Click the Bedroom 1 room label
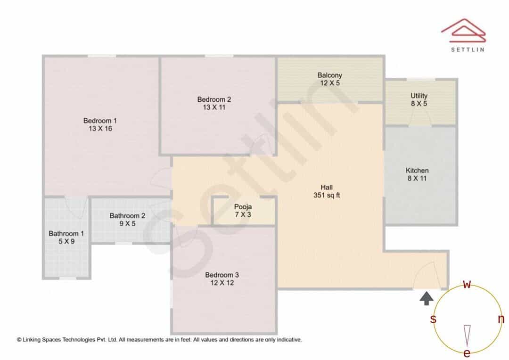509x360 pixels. point(100,121)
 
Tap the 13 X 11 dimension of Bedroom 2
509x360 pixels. point(214,107)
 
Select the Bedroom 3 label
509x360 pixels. point(222,275)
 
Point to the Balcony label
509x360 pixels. point(330,75)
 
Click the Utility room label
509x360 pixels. point(419,96)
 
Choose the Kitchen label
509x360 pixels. point(417,171)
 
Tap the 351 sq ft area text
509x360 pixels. point(327,196)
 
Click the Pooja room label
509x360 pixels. point(243,207)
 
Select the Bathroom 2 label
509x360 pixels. point(127,216)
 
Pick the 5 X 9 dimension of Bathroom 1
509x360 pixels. point(66,242)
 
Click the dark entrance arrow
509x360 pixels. point(426,298)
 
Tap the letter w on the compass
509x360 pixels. point(467,285)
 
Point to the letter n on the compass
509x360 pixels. point(501,319)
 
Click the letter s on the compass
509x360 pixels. point(433,319)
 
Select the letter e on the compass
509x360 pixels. point(467,353)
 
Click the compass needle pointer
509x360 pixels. point(467,336)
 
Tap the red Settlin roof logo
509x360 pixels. point(464,31)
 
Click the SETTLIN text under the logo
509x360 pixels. point(468,49)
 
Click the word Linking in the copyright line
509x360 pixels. point(32,340)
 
